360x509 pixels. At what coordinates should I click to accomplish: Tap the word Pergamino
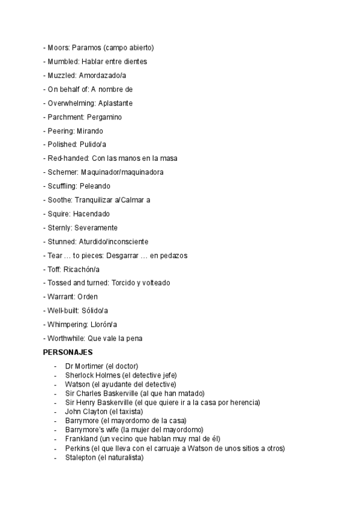pos(104,117)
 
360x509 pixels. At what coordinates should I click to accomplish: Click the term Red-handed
pos(67,158)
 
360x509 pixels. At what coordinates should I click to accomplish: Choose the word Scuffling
pos(61,186)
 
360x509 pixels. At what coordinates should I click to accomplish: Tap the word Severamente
pos(96,227)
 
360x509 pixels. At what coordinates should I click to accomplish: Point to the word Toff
pos(54,269)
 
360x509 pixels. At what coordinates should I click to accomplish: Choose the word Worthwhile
pos(65,338)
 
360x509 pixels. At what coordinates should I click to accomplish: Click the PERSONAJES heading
pos(67,352)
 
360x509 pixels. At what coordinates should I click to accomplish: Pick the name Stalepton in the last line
pos(80,457)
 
